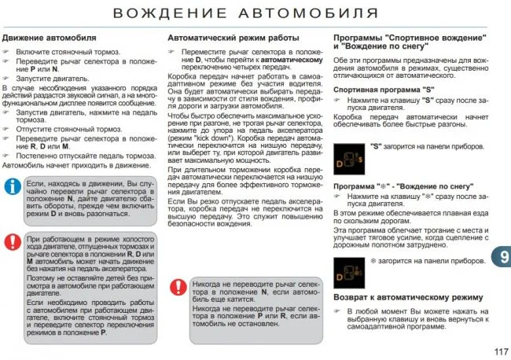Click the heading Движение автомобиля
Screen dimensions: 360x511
50,37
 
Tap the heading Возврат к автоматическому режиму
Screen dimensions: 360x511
407,298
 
